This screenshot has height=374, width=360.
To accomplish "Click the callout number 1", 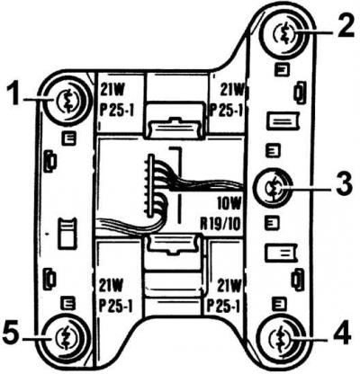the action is [14, 94].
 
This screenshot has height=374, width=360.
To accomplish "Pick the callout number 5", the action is [12, 334].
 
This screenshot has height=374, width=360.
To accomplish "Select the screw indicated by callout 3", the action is [273, 189].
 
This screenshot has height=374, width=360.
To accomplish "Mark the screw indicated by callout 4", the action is [281, 335].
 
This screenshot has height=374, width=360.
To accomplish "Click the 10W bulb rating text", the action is [229, 205].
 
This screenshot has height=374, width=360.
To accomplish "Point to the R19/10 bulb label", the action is [220, 224].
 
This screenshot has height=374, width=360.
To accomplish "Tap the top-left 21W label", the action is [112, 90].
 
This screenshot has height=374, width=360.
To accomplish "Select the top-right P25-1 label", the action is [226, 111].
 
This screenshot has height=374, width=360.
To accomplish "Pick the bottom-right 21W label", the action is [229, 286].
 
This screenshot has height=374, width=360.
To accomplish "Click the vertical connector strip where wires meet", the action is [151, 186].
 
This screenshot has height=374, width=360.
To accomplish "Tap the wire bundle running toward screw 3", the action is [207, 185].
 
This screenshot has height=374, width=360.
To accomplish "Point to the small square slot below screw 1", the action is [68, 138].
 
